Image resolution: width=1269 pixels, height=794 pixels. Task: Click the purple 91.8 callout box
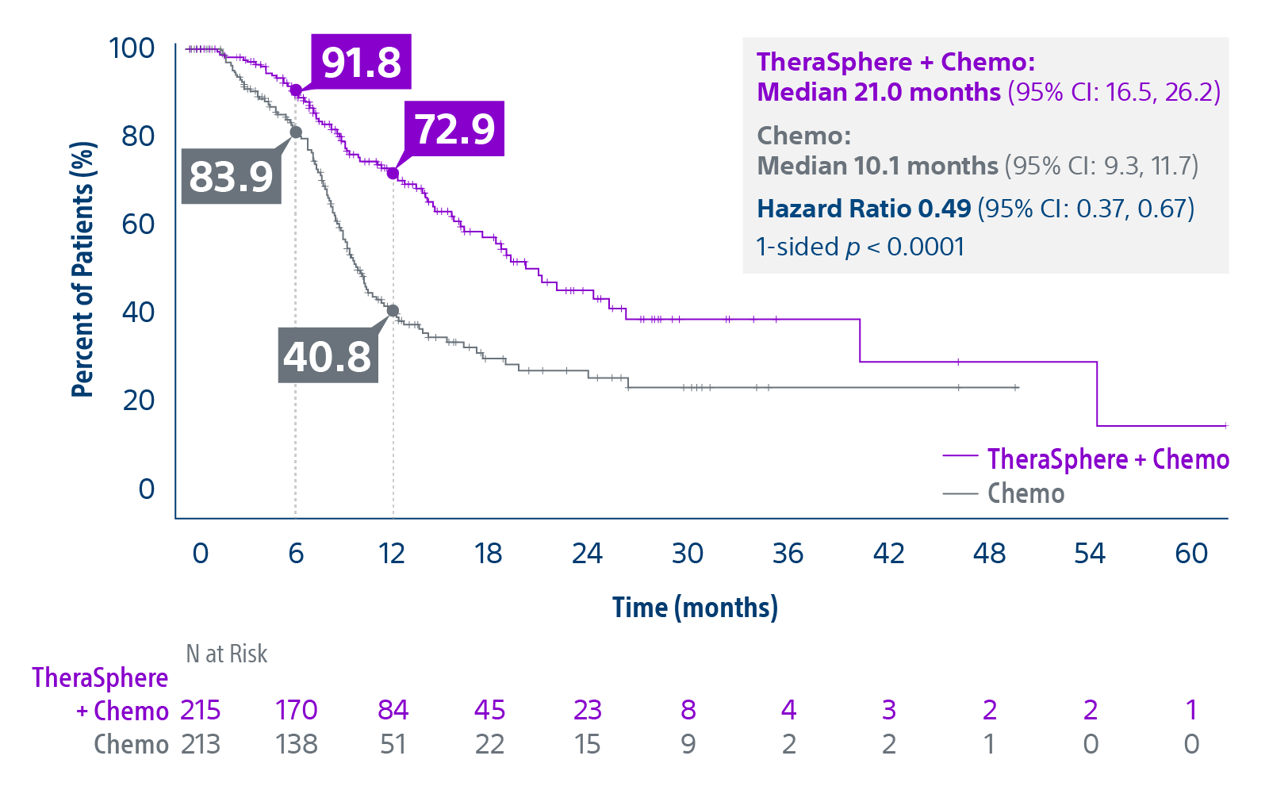(x=361, y=62)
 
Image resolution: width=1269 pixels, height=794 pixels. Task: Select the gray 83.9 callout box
(x=231, y=176)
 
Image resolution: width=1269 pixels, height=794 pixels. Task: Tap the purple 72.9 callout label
(x=454, y=128)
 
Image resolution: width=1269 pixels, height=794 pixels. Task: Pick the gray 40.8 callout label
(x=327, y=356)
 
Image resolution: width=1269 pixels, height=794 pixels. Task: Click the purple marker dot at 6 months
(x=296, y=90)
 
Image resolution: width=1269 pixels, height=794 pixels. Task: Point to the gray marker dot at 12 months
(x=393, y=311)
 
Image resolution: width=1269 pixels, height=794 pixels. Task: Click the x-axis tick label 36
(x=788, y=553)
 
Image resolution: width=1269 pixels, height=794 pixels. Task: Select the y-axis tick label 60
(x=138, y=224)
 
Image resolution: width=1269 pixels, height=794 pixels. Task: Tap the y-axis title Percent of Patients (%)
(x=82, y=270)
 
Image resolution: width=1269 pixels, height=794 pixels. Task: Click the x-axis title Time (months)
(x=695, y=608)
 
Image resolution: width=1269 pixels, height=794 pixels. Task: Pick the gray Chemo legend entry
(x=1026, y=493)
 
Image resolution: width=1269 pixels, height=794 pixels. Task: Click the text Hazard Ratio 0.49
(x=864, y=209)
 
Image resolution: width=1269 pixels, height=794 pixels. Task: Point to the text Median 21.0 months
(x=878, y=92)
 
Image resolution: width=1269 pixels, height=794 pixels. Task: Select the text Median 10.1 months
(x=877, y=166)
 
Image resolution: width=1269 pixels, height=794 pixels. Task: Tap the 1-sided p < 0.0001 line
(x=860, y=247)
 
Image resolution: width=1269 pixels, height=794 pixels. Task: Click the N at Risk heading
(x=226, y=654)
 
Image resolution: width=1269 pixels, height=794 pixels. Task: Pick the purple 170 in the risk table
(x=296, y=710)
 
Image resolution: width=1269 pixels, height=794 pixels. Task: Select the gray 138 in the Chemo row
(x=296, y=744)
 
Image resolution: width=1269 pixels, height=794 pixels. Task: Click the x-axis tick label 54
(x=1090, y=553)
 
